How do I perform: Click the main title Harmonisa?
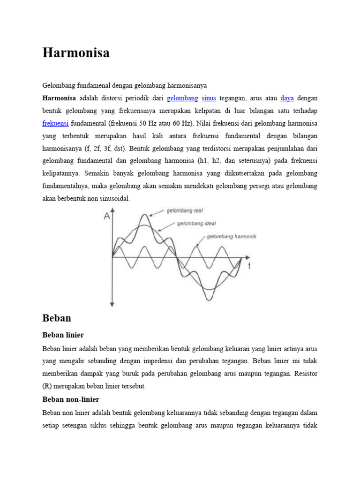click(x=76, y=53)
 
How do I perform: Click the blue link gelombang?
click(x=182, y=98)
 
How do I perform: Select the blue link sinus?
click(x=209, y=98)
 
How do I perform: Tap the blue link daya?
click(x=287, y=98)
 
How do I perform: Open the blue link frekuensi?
click(x=55, y=123)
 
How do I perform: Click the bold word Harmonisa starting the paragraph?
click(x=59, y=98)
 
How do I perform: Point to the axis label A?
click(x=107, y=216)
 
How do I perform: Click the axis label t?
click(x=249, y=266)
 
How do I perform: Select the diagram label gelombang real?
click(x=185, y=211)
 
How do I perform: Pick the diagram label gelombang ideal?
click(x=196, y=224)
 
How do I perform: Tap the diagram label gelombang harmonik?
click(x=232, y=237)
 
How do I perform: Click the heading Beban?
click(x=56, y=318)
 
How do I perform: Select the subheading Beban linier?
click(x=63, y=335)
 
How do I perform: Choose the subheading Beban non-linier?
click(x=71, y=399)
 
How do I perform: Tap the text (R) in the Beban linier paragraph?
click(x=47, y=386)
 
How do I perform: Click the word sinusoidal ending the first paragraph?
click(x=114, y=199)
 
